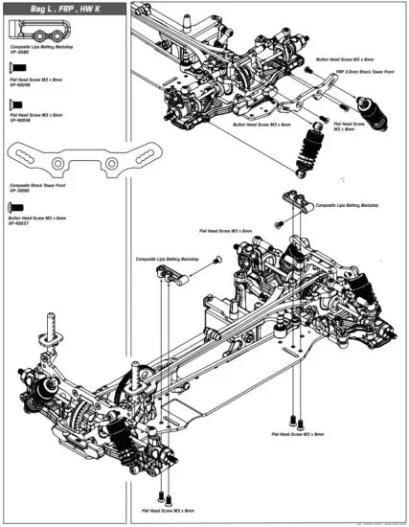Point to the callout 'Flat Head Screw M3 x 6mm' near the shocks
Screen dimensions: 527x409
click(347, 126)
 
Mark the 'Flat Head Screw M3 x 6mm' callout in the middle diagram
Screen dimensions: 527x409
click(226, 231)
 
